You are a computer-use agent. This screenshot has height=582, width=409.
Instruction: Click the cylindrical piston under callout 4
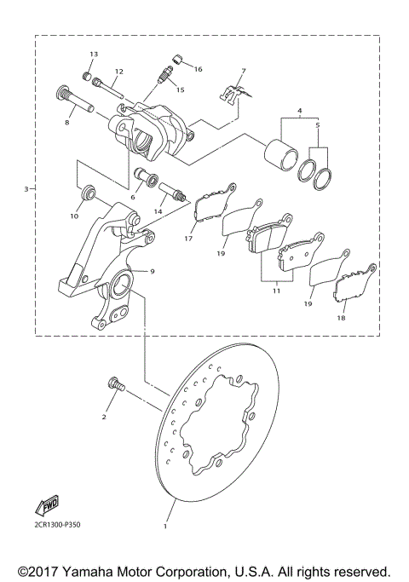pos(279,151)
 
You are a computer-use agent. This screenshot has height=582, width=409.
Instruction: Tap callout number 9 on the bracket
pos(153,271)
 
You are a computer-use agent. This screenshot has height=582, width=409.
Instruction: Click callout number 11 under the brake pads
pos(275,291)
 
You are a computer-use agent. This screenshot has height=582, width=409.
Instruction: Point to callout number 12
pos(118,71)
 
